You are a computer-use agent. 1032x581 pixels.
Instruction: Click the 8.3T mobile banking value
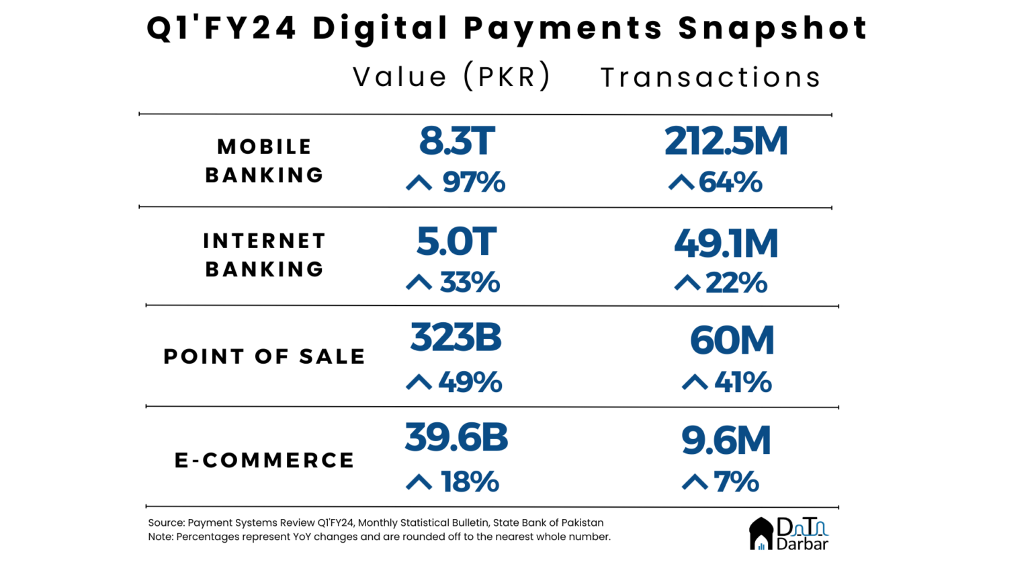tap(457, 141)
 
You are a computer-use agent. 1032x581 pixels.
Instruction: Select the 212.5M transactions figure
tap(726, 141)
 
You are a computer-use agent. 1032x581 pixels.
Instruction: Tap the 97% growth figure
tap(473, 182)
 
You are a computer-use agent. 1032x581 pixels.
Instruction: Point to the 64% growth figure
tap(730, 182)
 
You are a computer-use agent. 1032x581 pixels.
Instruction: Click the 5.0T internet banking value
tap(456, 241)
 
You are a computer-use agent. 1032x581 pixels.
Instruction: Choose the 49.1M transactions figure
tap(726, 243)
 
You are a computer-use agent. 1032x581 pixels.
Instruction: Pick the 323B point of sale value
tap(456, 337)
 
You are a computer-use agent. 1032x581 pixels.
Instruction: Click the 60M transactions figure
tap(732, 340)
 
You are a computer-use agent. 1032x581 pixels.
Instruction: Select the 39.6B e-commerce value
tap(456, 438)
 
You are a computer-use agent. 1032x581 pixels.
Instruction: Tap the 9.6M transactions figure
tap(726, 440)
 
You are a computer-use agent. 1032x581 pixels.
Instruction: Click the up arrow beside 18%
tap(419, 482)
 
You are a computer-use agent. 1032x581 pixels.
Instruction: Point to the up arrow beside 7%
tap(695, 482)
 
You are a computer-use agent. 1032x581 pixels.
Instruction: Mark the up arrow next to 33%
tap(419, 282)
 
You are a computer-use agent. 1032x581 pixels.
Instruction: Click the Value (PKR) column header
tap(451, 77)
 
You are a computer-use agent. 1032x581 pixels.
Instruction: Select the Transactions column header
tap(711, 77)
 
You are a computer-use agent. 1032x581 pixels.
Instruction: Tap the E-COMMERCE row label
tap(264, 460)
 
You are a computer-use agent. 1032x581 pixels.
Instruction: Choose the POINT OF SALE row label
tap(264, 356)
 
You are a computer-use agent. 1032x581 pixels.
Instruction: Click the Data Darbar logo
tap(789, 534)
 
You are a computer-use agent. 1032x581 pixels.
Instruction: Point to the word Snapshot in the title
tap(773, 28)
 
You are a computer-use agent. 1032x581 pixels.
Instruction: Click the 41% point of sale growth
tap(742, 383)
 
